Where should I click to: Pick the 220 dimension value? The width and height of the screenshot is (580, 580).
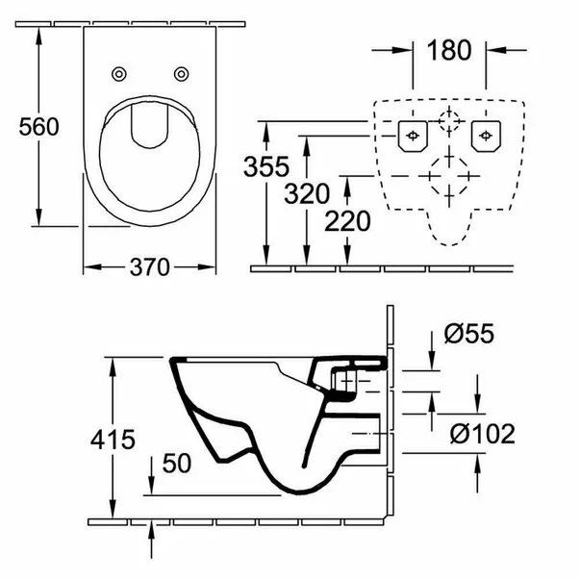tap(346, 222)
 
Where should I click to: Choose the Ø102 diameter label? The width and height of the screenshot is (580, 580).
tap(481, 434)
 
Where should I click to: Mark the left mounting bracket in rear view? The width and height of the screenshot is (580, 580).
tap(413, 135)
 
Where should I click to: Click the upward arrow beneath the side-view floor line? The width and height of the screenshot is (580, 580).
tap(152, 542)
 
